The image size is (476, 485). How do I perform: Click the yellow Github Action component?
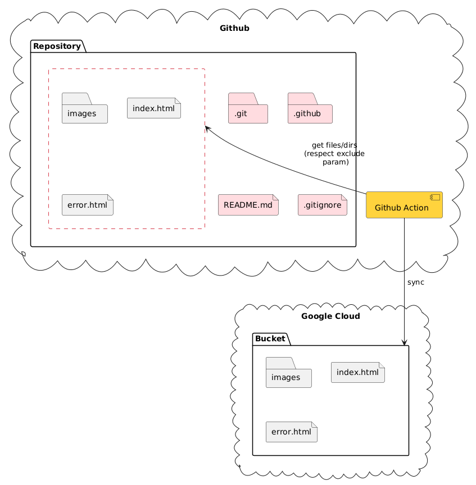point(404,205)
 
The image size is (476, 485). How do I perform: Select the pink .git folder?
point(248,109)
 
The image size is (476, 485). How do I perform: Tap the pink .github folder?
point(310,109)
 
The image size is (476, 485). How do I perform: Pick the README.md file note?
point(248,205)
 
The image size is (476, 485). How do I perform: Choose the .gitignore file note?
point(322,205)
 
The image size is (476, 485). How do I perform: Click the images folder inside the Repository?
point(84,109)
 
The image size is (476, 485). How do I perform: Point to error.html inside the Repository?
point(87,205)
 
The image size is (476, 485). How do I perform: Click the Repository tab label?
point(56,46)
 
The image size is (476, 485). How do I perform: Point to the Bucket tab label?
point(270,339)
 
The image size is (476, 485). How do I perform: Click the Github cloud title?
point(234,28)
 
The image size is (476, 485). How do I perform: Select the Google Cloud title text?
point(330,316)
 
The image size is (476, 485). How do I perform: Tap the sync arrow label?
point(416,282)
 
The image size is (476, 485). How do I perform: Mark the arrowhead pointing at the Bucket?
point(404,342)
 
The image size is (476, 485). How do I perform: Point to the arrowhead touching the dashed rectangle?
point(207,129)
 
